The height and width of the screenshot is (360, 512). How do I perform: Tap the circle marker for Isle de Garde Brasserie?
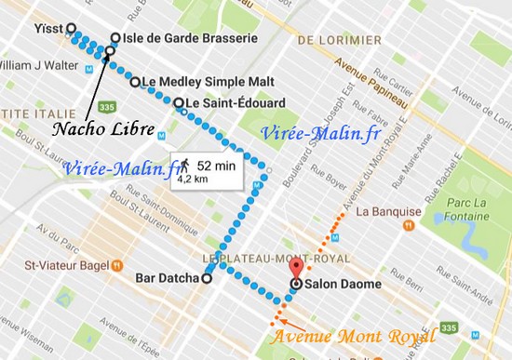115,38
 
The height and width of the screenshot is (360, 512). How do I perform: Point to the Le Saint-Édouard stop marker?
178,102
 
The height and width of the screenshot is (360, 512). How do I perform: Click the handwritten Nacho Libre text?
91,127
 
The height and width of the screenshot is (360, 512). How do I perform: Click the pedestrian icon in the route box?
184,165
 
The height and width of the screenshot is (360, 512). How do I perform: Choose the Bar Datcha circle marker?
207,277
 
